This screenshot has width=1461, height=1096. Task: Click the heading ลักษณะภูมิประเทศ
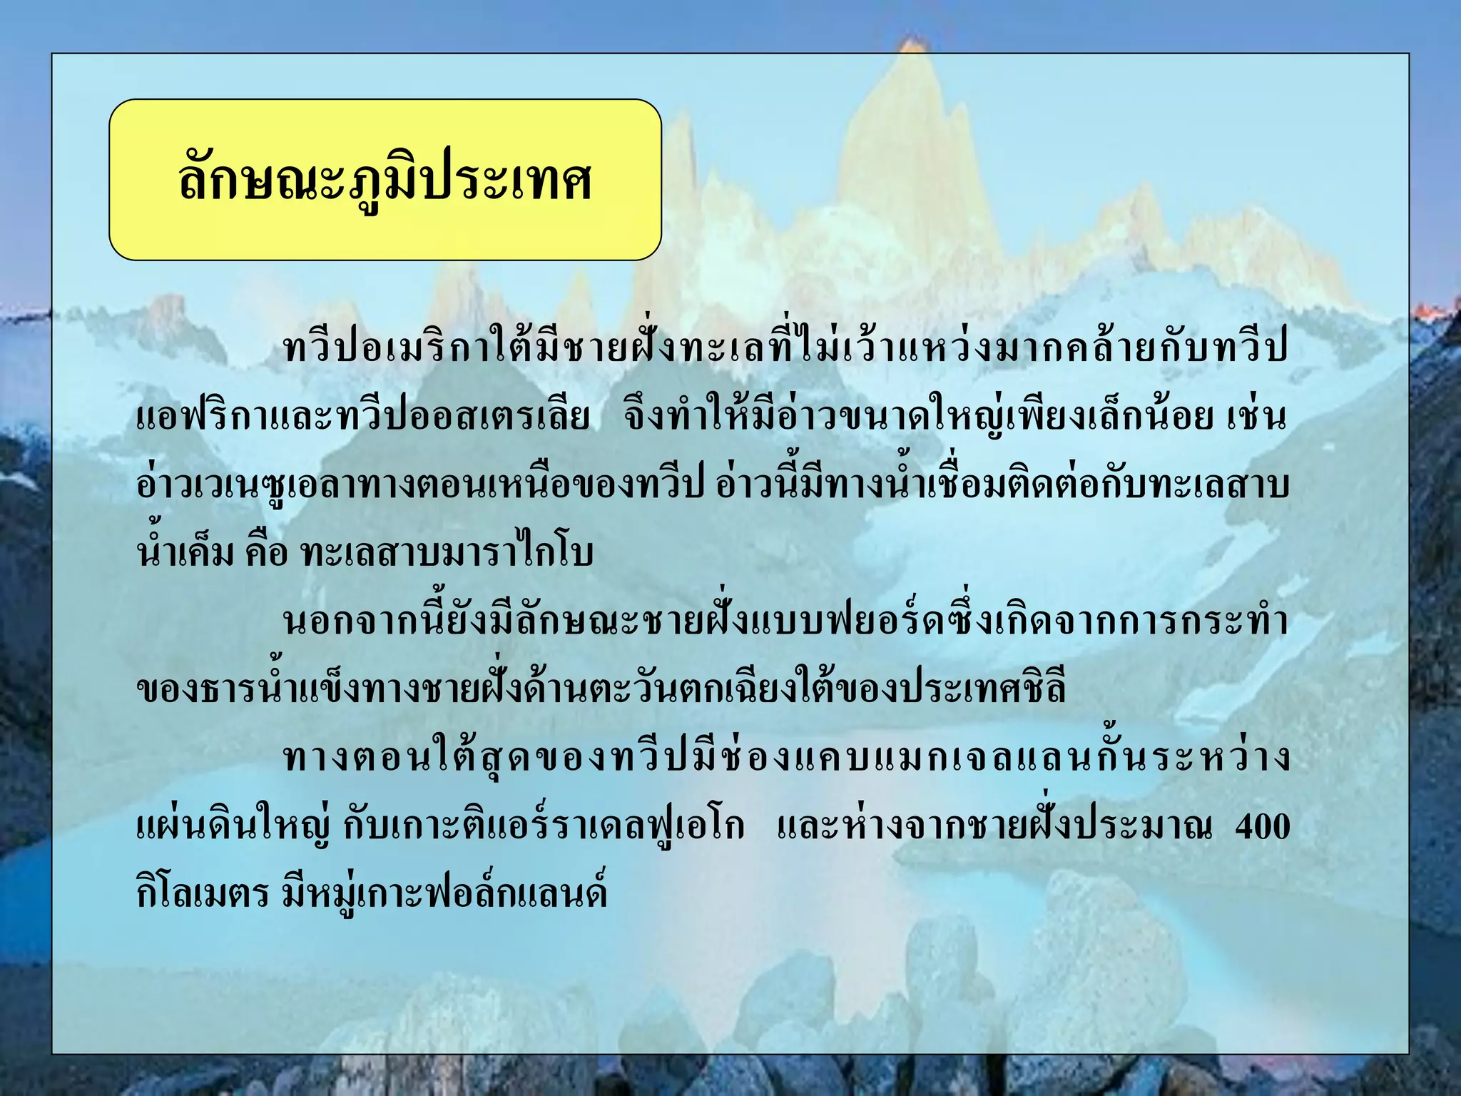[385, 180]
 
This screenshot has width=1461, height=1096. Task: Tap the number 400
[1262, 826]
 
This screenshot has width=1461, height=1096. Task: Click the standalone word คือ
[265, 553]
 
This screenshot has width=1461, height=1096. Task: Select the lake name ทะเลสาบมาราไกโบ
[447, 553]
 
